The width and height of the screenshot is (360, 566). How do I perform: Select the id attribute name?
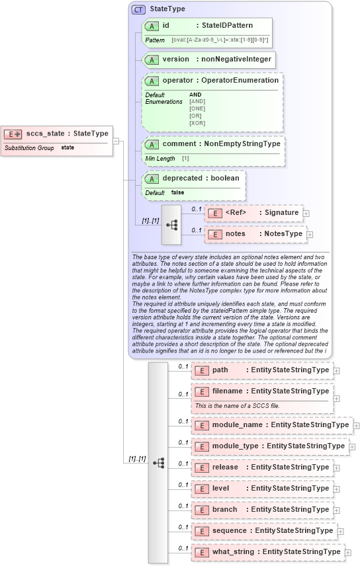[x=167, y=25]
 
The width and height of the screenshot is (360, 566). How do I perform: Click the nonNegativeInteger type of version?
[x=236, y=59]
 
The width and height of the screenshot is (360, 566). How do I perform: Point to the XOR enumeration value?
[x=197, y=122]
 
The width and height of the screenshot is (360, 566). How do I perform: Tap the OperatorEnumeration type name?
[x=240, y=80]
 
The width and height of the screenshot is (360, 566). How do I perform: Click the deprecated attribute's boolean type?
[x=224, y=177]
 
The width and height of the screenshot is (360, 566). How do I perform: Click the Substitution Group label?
[x=29, y=147]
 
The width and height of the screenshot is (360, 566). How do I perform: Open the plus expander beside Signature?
[x=306, y=213]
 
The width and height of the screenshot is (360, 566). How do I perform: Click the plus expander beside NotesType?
[x=310, y=234]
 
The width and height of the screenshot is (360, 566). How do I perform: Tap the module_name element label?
[x=237, y=425]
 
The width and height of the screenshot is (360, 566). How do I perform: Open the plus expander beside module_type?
[x=352, y=446]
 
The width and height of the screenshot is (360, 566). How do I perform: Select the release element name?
[x=225, y=467]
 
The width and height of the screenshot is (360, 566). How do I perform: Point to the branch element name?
[x=225, y=510]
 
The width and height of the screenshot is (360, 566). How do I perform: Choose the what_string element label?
[x=233, y=552]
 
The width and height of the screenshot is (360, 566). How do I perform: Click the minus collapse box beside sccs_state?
[x=116, y=141]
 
